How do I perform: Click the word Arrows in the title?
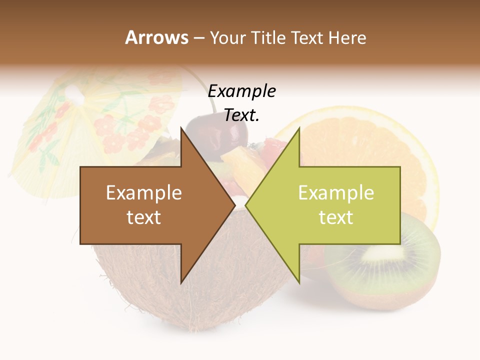pyautogui.click(x=156, y=37)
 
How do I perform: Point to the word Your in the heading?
pyautogui.click(x=227, y=37)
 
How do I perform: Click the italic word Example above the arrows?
pyautogui.click(x=242, y=91)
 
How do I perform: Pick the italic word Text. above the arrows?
pyautogui.click(x=242, y=115)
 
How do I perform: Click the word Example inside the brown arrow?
pyautogui.click(x=144, y=193)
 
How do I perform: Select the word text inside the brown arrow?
pyautogui.click(x=144, y=217)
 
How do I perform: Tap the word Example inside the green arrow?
pyautogui.click(x=336, y=193)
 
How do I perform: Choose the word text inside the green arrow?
pyautogui.click(x=336, y=217)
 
